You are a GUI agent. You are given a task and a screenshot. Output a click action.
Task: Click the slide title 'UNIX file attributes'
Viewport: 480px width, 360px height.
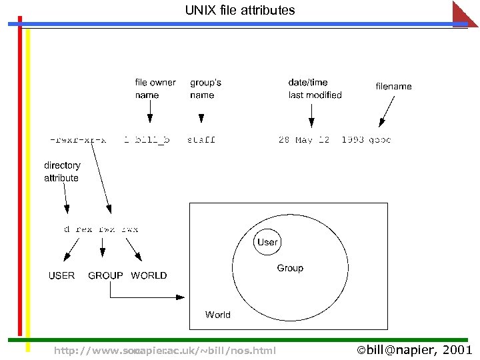pos(240,11)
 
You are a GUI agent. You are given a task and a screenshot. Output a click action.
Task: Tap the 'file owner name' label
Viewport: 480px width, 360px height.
pos(155,89)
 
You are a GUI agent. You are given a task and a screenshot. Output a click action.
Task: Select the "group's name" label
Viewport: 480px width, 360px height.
pos(205,89)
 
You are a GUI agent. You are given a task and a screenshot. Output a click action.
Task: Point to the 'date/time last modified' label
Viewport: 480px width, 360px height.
pos(315,89)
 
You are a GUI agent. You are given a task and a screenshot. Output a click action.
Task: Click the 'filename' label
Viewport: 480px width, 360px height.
pos(393,86)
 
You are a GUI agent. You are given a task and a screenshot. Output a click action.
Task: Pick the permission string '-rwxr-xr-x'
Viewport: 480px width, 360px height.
pos(78,140)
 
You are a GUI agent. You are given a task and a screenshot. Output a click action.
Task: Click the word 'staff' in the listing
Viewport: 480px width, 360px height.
pos(201,140)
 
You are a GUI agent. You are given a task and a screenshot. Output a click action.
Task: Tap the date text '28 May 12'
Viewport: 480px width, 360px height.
pos(303,140)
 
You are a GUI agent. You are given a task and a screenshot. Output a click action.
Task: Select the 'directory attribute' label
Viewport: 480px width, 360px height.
pos(62,171)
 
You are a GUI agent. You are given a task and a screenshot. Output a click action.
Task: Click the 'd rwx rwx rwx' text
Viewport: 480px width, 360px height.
pos(101,229)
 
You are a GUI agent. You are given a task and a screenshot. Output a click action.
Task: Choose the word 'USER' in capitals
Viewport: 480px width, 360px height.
pos(62,275)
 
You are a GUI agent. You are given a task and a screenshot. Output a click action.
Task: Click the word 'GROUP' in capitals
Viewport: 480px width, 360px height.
pos(105,275)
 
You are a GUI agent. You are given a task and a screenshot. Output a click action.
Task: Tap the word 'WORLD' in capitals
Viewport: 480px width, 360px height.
pos(149,275)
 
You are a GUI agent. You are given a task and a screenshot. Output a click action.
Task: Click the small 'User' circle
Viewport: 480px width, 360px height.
pos(267,242)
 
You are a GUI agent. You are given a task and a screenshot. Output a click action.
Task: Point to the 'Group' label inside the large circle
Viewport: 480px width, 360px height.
pos(290,268)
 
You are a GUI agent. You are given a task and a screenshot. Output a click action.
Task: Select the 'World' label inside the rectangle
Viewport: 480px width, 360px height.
pos(218,315)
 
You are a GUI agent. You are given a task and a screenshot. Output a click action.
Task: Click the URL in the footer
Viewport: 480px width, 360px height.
pos(165,351)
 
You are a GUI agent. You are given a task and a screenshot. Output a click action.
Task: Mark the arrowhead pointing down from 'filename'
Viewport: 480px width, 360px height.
pos(381,123)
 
